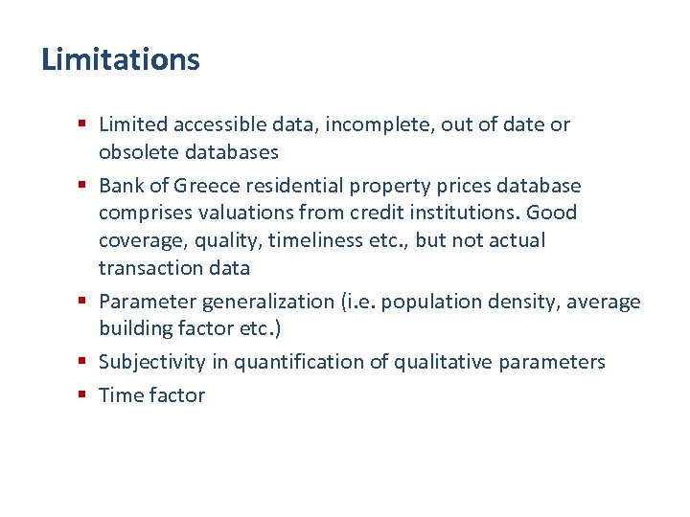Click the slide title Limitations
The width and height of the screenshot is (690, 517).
[121, 59]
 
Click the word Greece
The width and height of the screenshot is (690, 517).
[197, 185]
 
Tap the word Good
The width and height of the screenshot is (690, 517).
[553, 212]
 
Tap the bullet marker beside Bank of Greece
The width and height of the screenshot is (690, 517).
[84, 186]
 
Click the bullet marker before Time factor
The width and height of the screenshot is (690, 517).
[84, 395]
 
